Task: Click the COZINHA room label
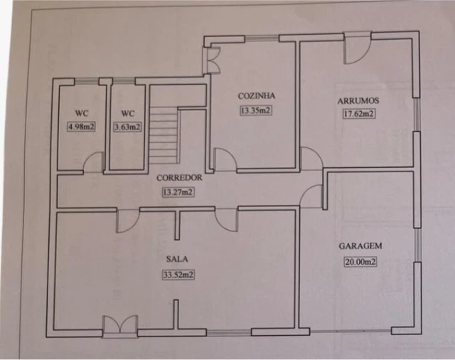[x=256, y=96]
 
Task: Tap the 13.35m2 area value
[x=256, y=110]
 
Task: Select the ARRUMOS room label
[x=357, y=100]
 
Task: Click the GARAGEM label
[x=360, y=246]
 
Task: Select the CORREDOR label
[x=178, y=178]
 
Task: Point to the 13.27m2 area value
[x=178, y=191]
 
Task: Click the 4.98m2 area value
[x=81, y=127]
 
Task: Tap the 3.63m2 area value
[x=127, y=127]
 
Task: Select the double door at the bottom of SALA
[x=119, y=327]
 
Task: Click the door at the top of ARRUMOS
[x=357, y=48]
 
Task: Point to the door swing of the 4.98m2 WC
[x=94, y=164]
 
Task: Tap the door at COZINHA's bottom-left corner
[x=224, y=159]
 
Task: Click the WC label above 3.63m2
[x=127, y=113]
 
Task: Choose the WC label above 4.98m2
[x=81, y=113]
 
